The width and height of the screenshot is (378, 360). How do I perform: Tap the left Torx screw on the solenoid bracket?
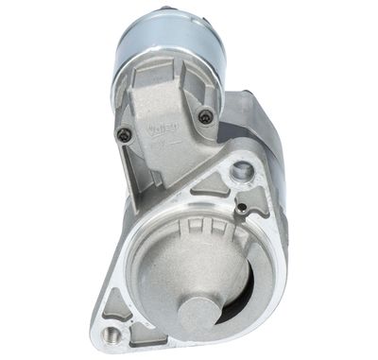[123, 136]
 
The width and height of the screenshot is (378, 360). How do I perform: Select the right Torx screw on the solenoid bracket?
[204, 116]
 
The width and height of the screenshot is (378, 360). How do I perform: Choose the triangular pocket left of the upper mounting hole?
[210, 181]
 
